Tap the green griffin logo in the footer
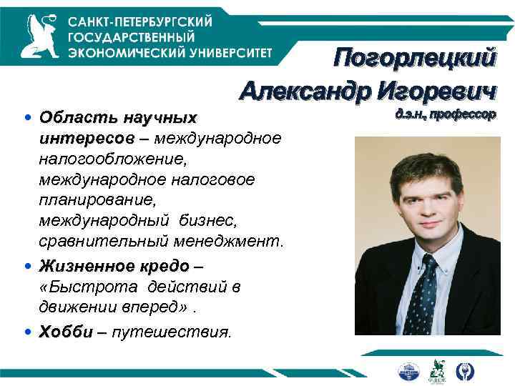coord(436,370)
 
